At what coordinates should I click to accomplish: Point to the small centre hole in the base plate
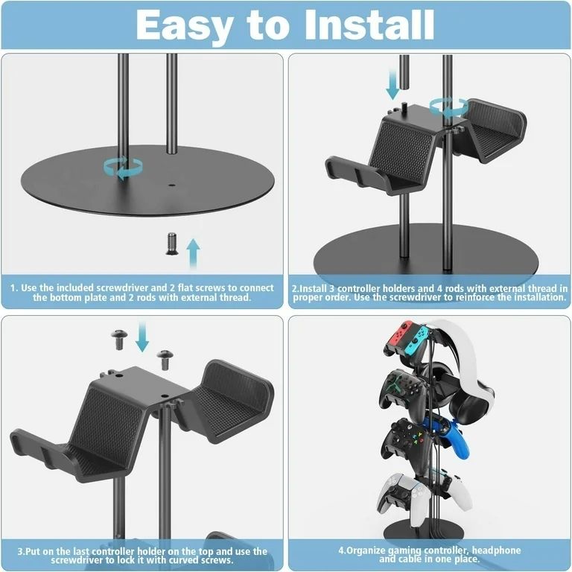172,182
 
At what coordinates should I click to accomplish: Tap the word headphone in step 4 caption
504,550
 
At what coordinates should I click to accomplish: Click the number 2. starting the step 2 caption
296,287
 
